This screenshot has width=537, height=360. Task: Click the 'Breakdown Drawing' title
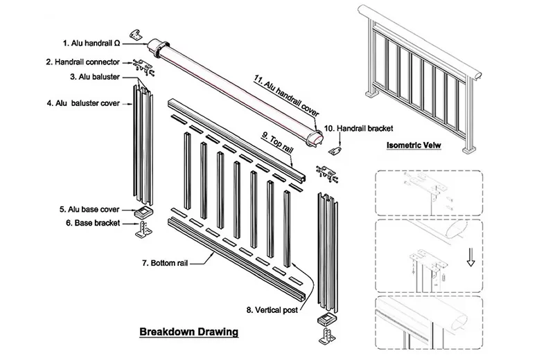(188, 332)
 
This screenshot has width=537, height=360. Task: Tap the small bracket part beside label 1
(137, 35)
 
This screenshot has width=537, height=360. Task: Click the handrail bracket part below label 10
(335, 150)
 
